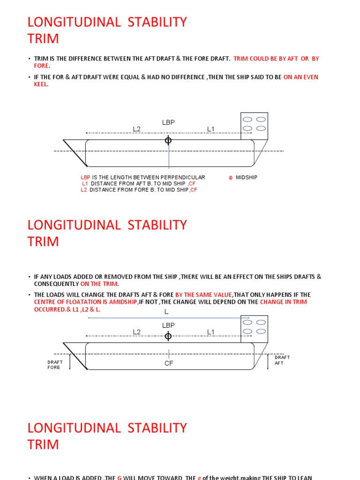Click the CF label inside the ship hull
pyautogui.click(x=169, y=363)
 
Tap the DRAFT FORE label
pyautogui.click(x=55, y=365)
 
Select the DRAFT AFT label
pyautogui.click(x=282, y=360)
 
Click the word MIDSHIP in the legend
pyautogui.click(x=247, y=177)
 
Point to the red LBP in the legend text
pyautogui.click(x=85, y=177)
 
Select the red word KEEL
pyautogui.click(x=41, y=85)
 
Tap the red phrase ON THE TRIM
pyautogui.click(x=99, y=284)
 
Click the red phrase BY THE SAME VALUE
pyautogui.click(x=203, y=295)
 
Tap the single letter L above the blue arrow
pyautogui.click(x=166, y=312)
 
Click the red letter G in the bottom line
pyautogui.click(x=120, y=478)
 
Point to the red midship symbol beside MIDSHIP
pyautogui.click(x=231, y=178)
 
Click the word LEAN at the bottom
pyautogui.click(x=304, y=478)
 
